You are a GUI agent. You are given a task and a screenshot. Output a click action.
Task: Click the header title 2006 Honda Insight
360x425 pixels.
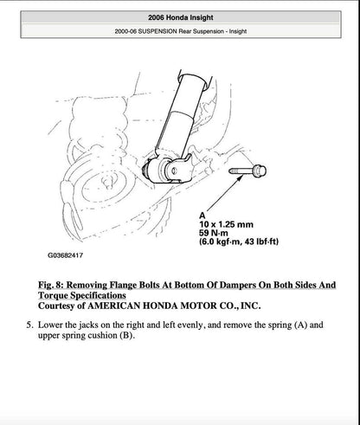pos(179,17)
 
